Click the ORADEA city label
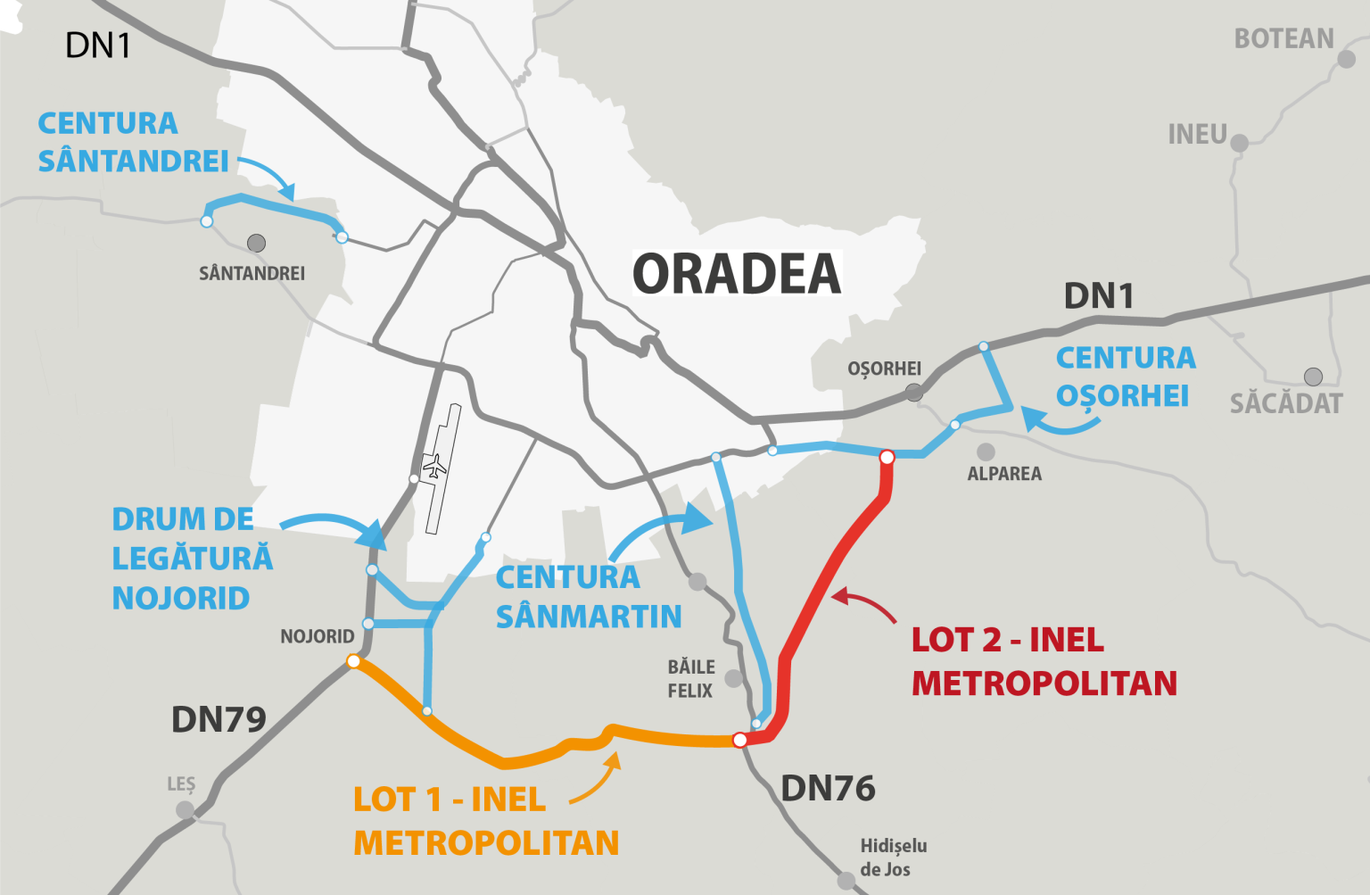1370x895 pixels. click(x=737, y=274)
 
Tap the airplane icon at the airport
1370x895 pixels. click(x=434, y=466)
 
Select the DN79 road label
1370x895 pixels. click(x=219, y=719)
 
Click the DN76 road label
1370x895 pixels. click(x=828, y=789)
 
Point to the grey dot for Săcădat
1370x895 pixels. click(x=1313, y=377)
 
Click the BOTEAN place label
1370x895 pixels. click(x=1283, y=39)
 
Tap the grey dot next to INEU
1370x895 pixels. click(x=1239, y=142)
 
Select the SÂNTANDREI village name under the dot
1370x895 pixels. click(x=252, y=274)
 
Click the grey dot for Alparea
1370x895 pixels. click(x=986, y=452)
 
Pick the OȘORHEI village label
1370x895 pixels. click(x=884, y=369)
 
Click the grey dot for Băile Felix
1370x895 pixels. click(x=733, y=679)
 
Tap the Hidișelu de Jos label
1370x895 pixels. click(x=893, y=857)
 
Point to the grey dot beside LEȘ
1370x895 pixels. click(x=185, y=810)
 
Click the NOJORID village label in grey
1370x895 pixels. click(x=318, y=637)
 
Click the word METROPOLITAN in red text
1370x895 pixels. click(x=1044, y=684)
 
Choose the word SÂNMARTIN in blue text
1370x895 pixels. click(x=589, y=617)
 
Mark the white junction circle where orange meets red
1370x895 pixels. click(x=739, y=740)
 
